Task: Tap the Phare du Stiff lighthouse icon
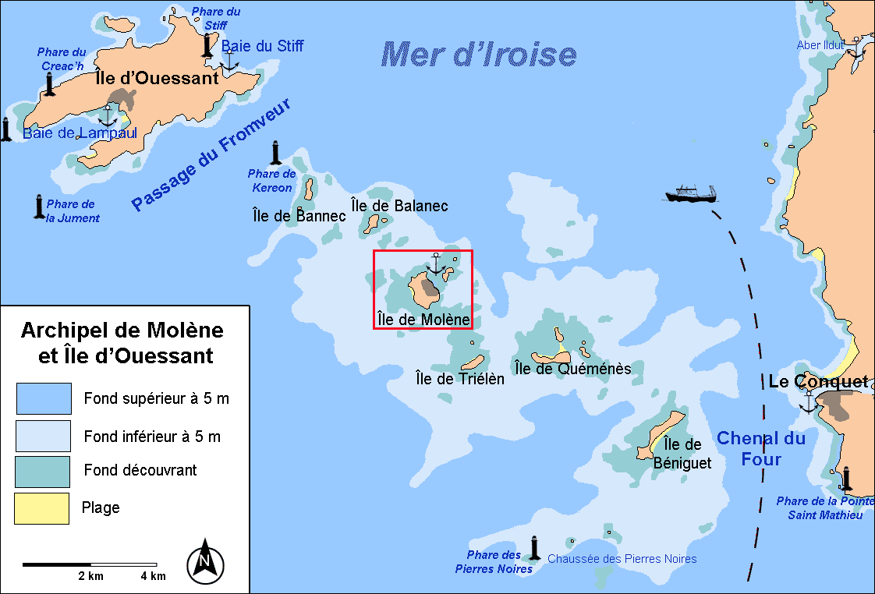point(207,44)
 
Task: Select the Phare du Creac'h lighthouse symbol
point(51,83)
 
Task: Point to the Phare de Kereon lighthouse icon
point(275,154)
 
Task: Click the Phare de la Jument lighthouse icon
point(38,207)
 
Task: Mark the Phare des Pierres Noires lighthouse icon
point(535,548)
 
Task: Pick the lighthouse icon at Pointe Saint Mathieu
point(846,478)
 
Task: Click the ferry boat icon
point(691,193)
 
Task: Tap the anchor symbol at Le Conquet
point(809,401)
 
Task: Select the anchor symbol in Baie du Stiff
point(229,62)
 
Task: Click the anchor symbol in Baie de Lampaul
point(108,116)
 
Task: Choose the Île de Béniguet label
point(682,454)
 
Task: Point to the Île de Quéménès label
point(572,368)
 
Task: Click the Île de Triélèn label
point(460,379)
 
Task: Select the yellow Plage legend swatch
point(42,508)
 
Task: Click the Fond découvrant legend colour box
point(42,471)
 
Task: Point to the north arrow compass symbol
point(205,560)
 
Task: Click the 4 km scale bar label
point(153,576)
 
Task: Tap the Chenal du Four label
point(760,448)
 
